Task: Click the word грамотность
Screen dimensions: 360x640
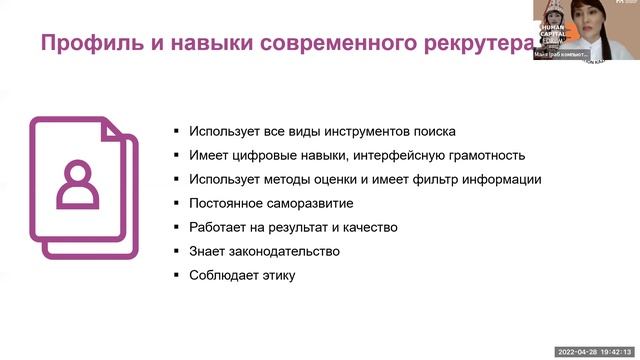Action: pyautogui.click(x=481, y=156)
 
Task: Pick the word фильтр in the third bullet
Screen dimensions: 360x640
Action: pyautogui.click(x=435, y=180)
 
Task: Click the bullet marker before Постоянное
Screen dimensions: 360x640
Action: pyautogui.click(x=175, y=204)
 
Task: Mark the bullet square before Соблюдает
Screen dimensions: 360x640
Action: pyautogui.click(x=175, y=276)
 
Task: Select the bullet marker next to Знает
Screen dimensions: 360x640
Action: pyautogui.click(x=175, y=252)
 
